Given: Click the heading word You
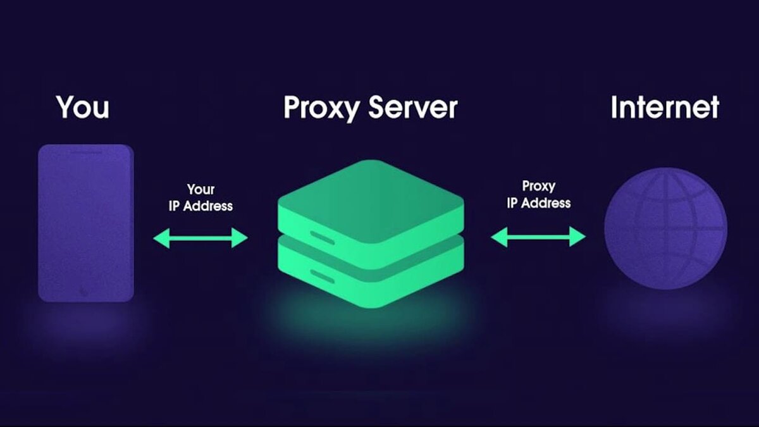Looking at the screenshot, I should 83,107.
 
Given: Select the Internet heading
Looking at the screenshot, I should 665,107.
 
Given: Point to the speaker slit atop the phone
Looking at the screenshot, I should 86,152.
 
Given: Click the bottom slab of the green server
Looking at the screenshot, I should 370,278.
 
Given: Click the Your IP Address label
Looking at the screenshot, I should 201,197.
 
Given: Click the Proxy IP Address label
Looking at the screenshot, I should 538,195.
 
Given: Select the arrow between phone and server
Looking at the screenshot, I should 201,238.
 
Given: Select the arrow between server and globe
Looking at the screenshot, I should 538,237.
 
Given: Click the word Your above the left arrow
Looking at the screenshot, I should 201,189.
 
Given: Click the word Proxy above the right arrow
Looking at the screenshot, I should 538,186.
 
